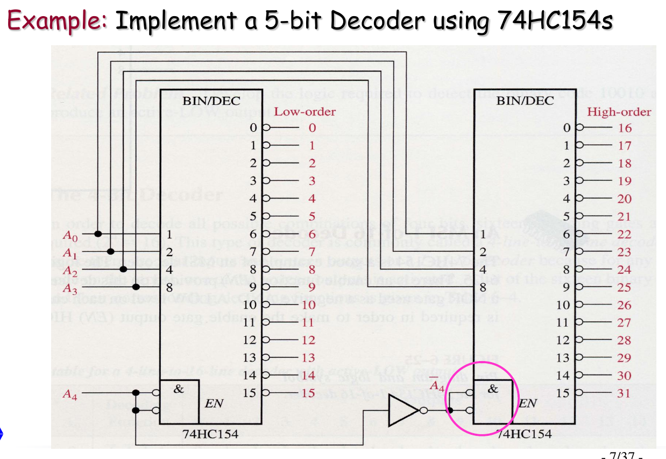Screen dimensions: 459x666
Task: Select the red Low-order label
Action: [x=304, y=112]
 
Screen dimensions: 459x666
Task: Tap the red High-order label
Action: [x=619, y=112]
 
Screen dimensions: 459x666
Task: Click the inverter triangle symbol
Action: [x=403, y=411]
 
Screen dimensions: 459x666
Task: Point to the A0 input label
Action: [x=70, y=235]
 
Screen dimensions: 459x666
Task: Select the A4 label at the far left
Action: [x=70, y=394]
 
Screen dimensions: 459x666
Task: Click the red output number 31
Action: [x=625, y=393]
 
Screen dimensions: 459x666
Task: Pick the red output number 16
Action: [x=625, y=128]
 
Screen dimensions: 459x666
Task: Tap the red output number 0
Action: [x=311, y=128]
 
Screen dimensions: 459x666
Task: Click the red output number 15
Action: [x=308, y=393]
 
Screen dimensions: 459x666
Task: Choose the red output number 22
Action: [x=625, y=234]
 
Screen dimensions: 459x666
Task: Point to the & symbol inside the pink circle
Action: [x=492, y=388]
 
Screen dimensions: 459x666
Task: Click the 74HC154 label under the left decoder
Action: [x=210, y=434]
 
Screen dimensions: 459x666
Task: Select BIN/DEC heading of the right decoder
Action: [x=525, y=101]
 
